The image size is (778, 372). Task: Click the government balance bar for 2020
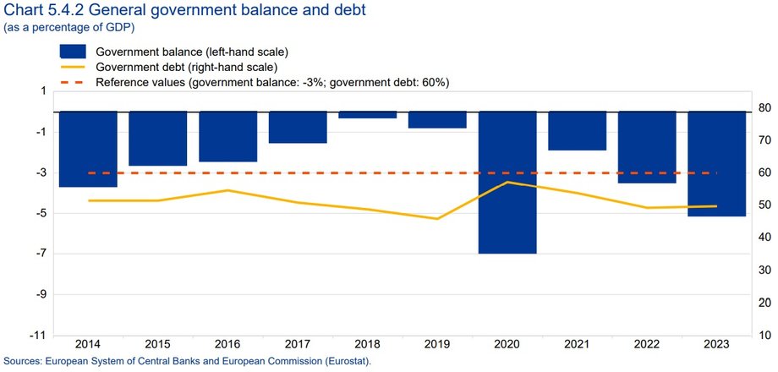tap(507, 182)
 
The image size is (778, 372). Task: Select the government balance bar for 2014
tap(88, 149)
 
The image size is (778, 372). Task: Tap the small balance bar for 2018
tap(368, 115)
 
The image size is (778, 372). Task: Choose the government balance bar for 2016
tap(227, 136)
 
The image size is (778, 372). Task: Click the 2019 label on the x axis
tap(437, 345)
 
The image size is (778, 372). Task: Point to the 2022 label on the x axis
tap(647, 345)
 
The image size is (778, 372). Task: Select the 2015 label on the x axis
tap(158, 345)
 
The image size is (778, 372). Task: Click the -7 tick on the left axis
tap(39, 254)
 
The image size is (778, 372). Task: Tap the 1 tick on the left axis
tap(42, 91)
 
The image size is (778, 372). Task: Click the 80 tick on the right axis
tap(764, 107)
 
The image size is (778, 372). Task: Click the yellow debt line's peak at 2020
tap(507, 182)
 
